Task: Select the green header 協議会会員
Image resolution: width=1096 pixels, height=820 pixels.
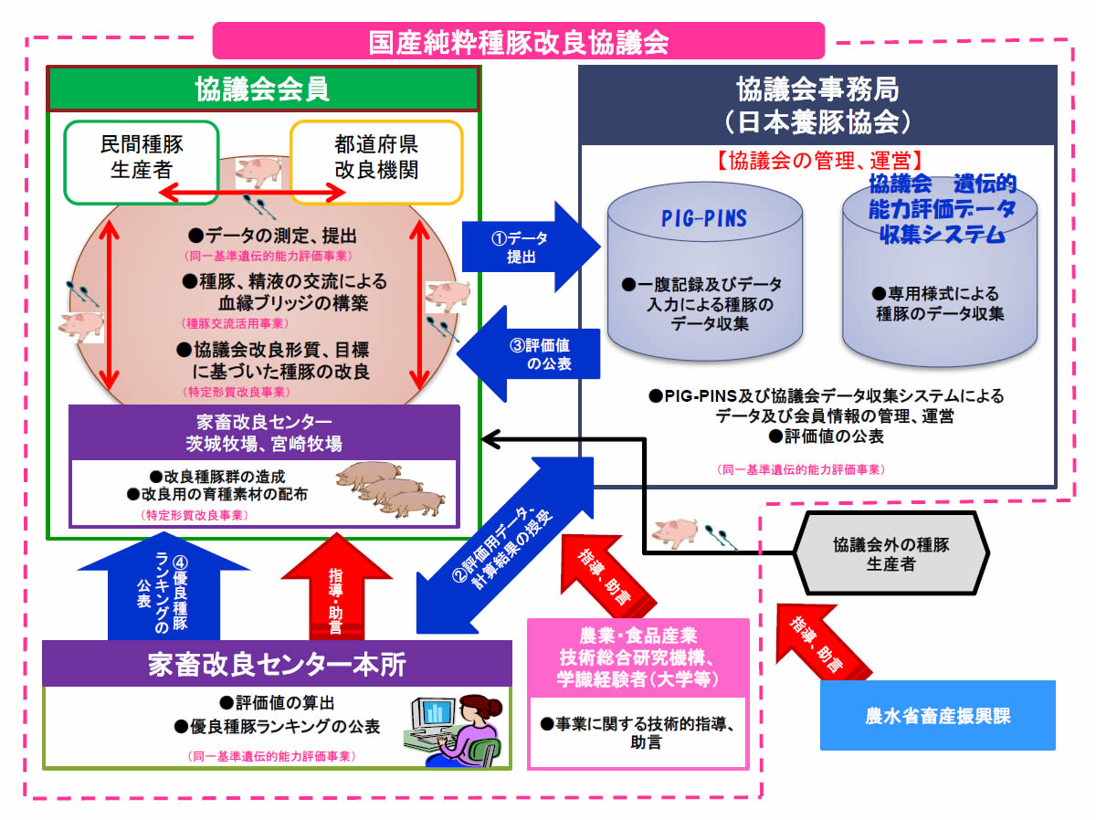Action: (262, 89)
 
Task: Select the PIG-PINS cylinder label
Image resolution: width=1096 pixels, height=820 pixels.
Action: (703, 219)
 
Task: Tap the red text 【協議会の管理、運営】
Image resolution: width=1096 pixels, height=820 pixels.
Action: (817, 161)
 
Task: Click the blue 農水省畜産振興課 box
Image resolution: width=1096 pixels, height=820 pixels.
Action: (937, 715)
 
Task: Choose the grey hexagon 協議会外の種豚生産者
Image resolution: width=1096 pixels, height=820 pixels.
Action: (890, 553)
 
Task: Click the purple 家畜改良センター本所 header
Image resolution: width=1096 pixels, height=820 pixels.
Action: (277, 665)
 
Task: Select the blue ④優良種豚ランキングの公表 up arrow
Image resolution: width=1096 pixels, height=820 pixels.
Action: (164, 592)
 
